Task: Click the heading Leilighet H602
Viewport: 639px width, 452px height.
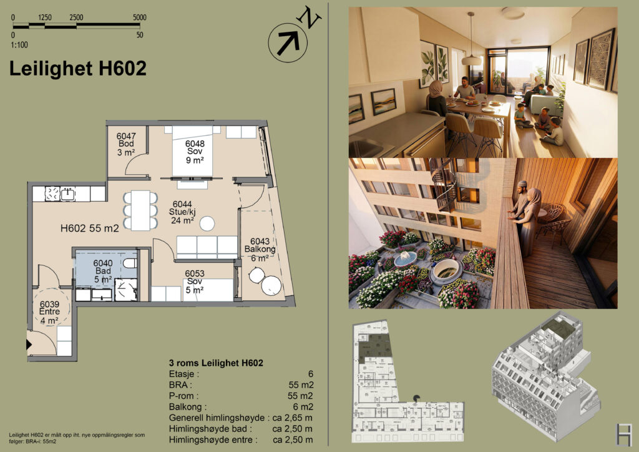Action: point(78,69)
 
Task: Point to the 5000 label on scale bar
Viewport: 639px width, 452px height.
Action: point(139,17)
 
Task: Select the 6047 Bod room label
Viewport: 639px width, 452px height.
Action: point(126,144)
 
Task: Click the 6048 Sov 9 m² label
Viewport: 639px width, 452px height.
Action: point(195,152)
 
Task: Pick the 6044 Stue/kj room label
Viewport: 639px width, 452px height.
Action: point(183,212)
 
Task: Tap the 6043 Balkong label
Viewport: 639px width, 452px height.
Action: point(260,250)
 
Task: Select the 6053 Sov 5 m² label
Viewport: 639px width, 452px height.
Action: point(195,282)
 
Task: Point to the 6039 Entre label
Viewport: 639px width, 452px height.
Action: point(49,312)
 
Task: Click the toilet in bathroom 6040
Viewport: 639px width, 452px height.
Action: point(130,263)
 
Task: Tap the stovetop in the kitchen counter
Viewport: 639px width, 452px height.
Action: point(52,194)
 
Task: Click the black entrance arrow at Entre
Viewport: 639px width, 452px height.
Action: point(29,345)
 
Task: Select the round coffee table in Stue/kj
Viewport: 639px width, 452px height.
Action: point(207,224)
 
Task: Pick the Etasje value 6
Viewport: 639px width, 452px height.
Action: point(311,374)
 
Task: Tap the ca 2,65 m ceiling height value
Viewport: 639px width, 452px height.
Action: point(293,418)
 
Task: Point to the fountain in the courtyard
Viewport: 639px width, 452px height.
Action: point(405,259)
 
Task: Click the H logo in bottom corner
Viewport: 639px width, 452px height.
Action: point(624,435)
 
